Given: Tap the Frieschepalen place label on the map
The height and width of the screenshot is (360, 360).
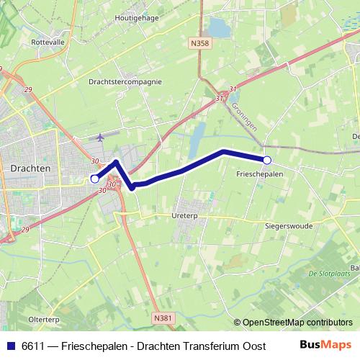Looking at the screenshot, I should [x=259, y=174].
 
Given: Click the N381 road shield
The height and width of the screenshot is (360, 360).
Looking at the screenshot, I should [x=163, y=316].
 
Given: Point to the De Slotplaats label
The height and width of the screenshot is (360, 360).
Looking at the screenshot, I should [x=328, y=273].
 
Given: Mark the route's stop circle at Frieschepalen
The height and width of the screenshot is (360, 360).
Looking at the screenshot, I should [x=267, y=160].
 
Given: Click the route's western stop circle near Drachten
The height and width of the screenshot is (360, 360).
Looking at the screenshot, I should [x=94, y=178].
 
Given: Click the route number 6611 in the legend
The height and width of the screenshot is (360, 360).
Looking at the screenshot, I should [x=33, y=346].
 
